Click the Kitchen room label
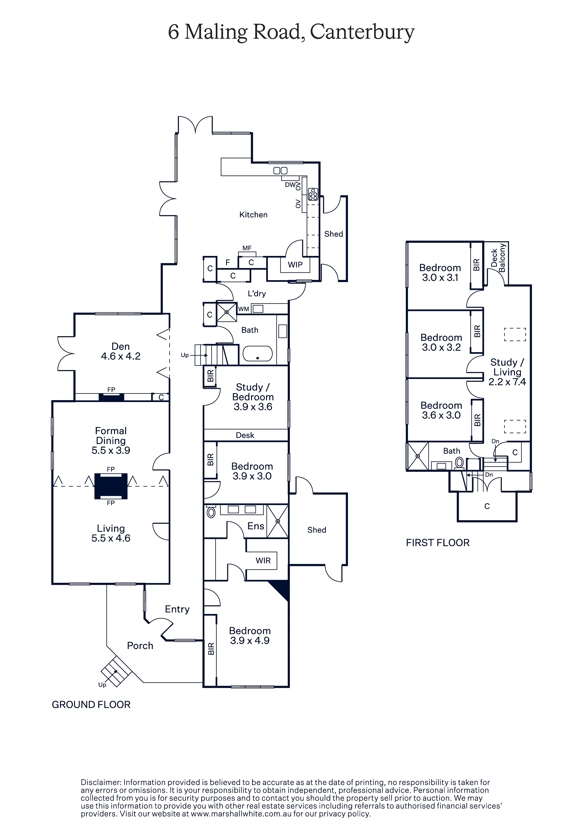click(x=253, y=215)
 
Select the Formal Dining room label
click(x=111, y=435)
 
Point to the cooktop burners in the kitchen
click(x=313, y=194)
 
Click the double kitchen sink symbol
click(x=280, y=171)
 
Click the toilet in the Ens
click(x=211, y=512)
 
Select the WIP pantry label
click(x=295, y=265)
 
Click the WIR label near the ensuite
click(x=263, y=561)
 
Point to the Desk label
click(x=245, y=435)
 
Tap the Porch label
click(x=140, y=646)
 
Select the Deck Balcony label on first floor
click(x=498, y=258)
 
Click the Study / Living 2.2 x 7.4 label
click(x=507, y=372)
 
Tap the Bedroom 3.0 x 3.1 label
click(x=440, y=272)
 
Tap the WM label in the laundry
click(x=244, y=309)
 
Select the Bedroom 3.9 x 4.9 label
click(x=250, y=635)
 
